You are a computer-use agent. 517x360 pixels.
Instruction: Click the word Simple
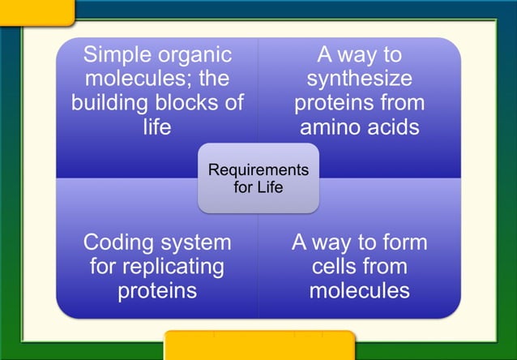116,55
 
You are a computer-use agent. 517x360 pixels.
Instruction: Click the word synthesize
359,79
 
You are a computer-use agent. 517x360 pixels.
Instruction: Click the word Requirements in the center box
258,170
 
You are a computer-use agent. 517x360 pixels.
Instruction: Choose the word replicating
173,266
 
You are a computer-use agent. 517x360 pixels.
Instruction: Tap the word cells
337,266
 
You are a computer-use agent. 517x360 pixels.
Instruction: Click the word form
404,242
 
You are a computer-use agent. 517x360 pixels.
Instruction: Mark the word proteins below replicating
157,290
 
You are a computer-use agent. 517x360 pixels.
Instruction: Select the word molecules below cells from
359,290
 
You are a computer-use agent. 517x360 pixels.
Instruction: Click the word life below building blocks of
157,127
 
